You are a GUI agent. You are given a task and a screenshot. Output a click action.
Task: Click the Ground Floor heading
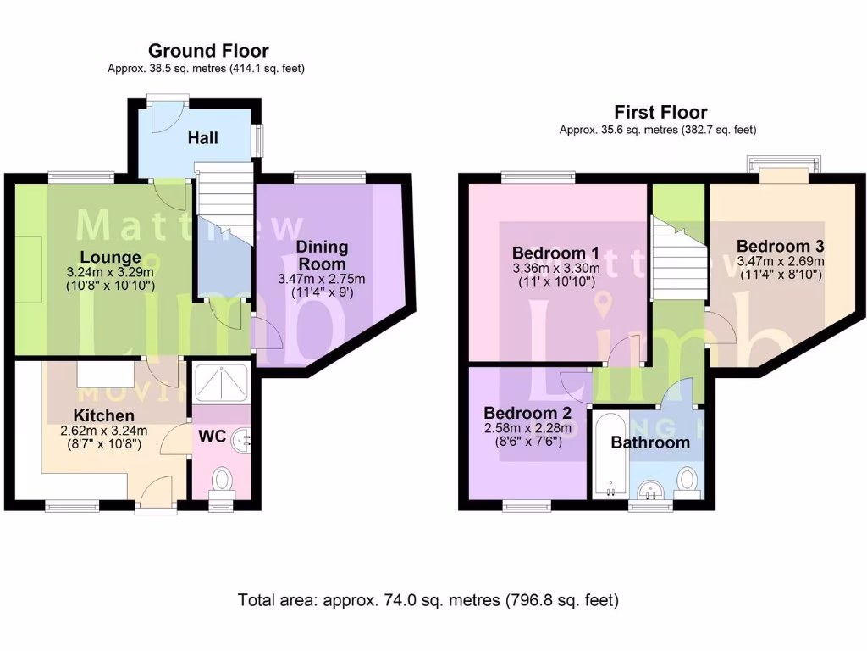click(208, 51)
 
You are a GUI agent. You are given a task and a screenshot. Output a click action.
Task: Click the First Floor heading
click(660, 112)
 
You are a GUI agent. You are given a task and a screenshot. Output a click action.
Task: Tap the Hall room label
click(202, 137)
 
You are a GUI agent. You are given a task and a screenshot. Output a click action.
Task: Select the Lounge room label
click(110, 257)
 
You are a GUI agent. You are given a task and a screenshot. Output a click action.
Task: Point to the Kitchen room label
click(103, 415)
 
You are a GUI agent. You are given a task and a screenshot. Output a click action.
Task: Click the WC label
click(212, 437)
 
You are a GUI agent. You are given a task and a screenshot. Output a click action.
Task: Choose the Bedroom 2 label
click(527, 413)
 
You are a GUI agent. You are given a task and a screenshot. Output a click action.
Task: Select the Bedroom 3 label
click(780, 246)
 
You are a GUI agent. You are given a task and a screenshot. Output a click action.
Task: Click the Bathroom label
click(650, 442)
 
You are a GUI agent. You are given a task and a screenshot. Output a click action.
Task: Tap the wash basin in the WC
click(246, 438)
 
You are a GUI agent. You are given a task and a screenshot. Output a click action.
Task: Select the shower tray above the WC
click(223, 382)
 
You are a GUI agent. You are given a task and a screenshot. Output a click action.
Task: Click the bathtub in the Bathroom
click(610, 455)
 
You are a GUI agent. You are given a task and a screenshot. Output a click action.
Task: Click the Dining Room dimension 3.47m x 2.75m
click(322, 280)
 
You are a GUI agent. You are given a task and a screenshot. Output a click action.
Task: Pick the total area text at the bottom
click(428, 600)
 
